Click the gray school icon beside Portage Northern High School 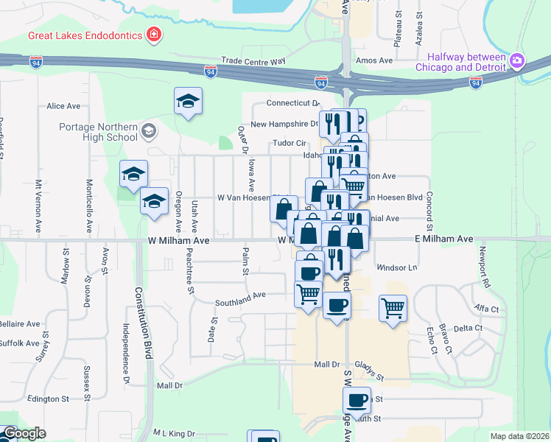(x=149, y=132)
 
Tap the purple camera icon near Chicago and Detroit (x=518, y=59)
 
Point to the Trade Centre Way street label (x=253, y=61)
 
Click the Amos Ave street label (x=374, y=60)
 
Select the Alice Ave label (x=63, y=106)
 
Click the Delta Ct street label (x=468, y=328)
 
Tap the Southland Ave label (x=240, y=298)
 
